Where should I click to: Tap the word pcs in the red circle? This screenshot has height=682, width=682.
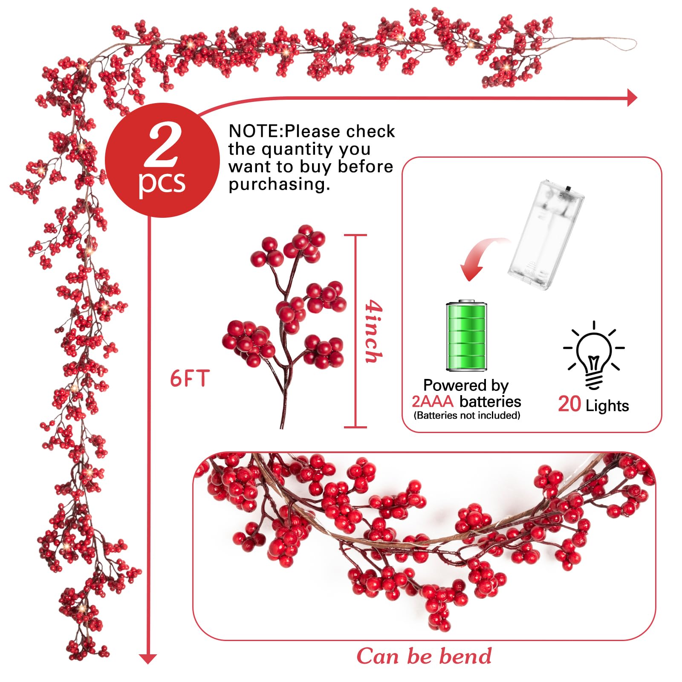(162, 182)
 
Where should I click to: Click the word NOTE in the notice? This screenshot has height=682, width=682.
(255, 131)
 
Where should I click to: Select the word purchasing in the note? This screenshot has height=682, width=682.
(279, 185)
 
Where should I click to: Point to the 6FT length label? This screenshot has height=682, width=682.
(190, 379)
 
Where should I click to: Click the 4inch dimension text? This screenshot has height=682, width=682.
(373, 332)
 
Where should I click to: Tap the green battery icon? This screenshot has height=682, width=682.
(466, 336)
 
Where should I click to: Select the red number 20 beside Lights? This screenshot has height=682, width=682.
(569, 404)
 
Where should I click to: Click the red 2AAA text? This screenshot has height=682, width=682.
(433, 402)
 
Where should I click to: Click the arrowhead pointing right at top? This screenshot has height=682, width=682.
(632, 98)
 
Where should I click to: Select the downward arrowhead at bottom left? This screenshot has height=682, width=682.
(148, 659)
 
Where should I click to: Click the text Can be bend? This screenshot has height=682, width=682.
(424, 656)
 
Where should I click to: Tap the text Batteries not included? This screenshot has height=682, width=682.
(467, 415)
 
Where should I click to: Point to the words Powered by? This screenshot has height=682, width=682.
(466, 385)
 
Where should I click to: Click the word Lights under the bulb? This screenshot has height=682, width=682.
(607, 405)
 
